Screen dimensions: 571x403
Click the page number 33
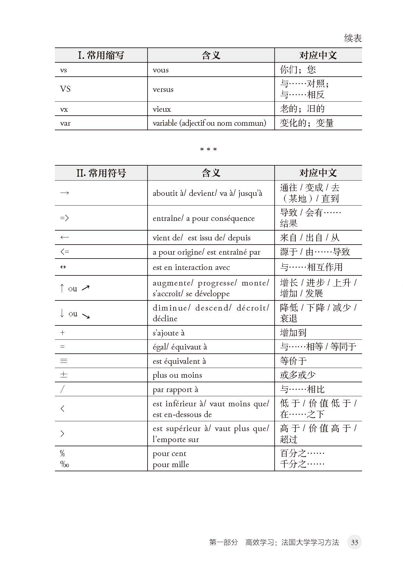pos(354,542)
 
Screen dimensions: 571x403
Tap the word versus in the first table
pos(163,89)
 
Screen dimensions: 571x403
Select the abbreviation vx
pos(64,109)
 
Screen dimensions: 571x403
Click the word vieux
pos(162,109)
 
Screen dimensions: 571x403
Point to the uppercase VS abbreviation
pos(65,89)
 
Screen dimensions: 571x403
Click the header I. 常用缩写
pos(101,55)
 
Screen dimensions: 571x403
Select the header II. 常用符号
pos(101,173)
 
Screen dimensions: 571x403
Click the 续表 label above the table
pos(353,38)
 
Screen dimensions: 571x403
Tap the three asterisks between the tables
pos(208,149)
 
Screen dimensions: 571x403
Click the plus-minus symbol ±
pos(64,375)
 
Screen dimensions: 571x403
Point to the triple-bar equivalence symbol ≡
pos(64,361)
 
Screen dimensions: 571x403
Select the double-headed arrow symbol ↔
pos(63,267)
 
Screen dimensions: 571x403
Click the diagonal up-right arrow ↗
pos(85,288)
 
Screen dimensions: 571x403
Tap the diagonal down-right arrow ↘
pos(86,316)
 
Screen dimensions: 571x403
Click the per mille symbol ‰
pos(65,464)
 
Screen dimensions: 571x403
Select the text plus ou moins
pos(177,375)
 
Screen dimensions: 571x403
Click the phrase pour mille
pos(171,464)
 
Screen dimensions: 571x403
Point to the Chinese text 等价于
pos(293,361)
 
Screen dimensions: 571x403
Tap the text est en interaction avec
pos(191,267)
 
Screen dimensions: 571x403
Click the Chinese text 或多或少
pos(298,375)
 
